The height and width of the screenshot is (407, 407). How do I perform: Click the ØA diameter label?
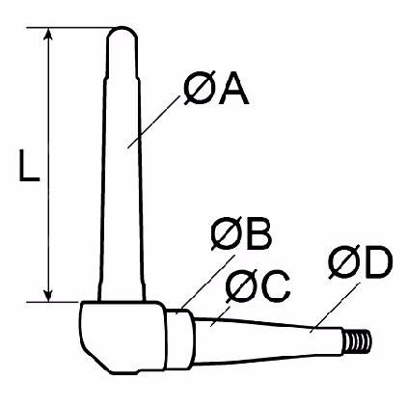tap(216, 89)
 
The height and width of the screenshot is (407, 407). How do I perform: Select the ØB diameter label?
tap(241, 234)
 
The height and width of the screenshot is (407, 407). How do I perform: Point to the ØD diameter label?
tap(361, 262)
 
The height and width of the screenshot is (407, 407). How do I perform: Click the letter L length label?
tap(29, 165)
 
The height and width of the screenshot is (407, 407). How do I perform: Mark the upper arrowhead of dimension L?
tap(48, 34)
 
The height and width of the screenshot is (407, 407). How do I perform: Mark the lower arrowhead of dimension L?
tap(48, 296)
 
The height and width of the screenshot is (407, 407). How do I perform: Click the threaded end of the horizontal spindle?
tap(358, 342)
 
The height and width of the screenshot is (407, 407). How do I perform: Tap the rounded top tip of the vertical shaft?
tap(122, 32)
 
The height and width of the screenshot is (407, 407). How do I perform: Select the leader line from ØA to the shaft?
tap(153, 122)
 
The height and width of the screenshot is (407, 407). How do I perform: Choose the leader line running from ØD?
tap(335, 308)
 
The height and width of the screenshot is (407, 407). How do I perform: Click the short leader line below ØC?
tap(221, 316)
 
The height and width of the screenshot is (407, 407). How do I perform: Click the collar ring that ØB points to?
tap(180, 338)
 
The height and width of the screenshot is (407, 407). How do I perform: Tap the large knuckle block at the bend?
tap(122, 338)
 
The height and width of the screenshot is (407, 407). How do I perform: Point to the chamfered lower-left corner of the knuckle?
tap(95, 360)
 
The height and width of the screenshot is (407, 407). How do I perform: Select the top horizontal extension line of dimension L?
tap(69, 28)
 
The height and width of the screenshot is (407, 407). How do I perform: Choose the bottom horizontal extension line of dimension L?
tap(53, 302)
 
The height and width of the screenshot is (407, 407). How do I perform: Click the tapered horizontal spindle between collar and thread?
tap(269, 341)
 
